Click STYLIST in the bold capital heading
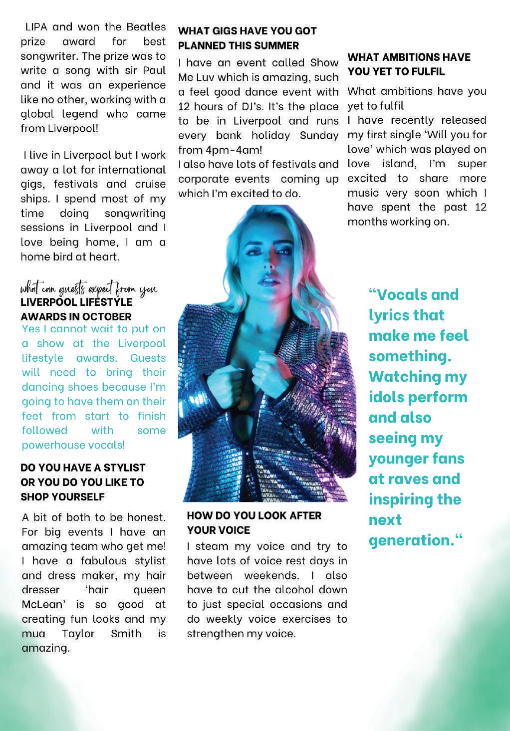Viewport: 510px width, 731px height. click(x=121, y=468)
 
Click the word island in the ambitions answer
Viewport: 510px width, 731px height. click(x=402, y=164)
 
